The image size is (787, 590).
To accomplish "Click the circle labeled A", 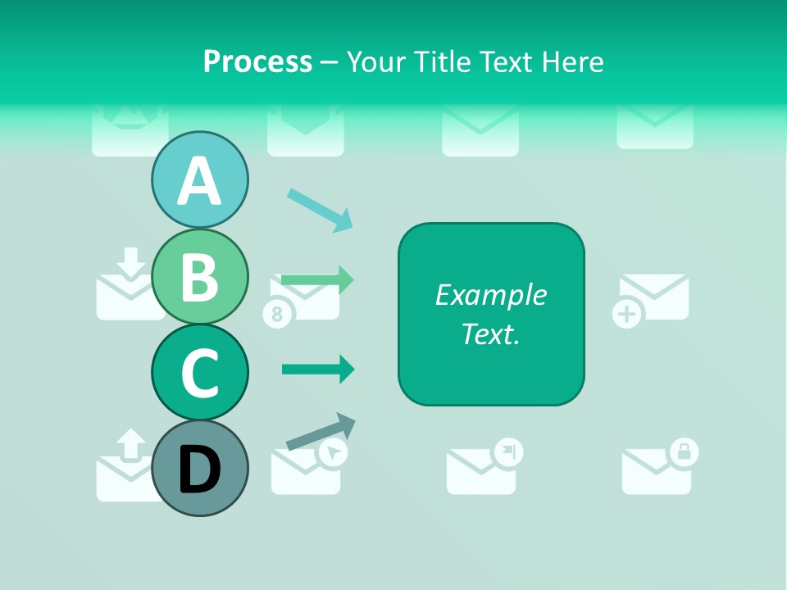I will point(199,180).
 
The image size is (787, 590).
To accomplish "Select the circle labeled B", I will point(199,276).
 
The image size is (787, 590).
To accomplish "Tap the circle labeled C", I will point(199,372).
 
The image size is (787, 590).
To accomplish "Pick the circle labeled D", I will point(199,468).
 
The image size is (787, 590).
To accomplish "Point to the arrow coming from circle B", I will point(317,279).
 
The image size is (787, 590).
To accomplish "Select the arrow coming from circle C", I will point(318,369).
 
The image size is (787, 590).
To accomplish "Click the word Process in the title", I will point(257,61).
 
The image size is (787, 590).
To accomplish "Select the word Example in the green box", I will point(491,295).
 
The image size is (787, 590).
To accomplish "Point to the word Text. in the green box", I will point(491,334).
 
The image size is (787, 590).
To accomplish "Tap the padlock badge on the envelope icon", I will point(684,450).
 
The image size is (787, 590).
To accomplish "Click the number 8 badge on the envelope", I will point(276,314).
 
